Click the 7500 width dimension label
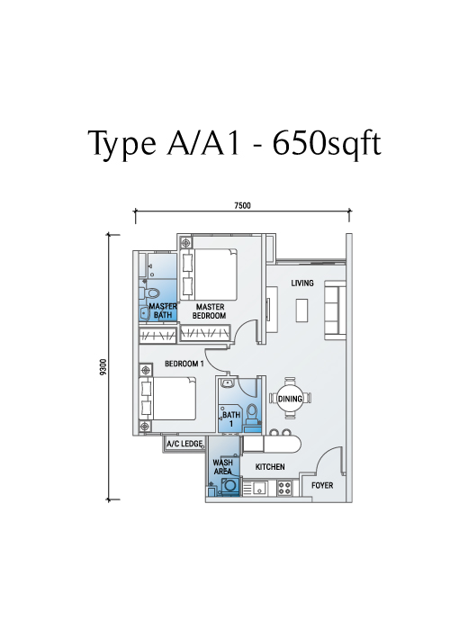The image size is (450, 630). tap(242, 206)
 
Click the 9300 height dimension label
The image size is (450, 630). tap(104, 367)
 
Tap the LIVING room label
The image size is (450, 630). tap(302, 283)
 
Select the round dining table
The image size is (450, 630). tap(290, 399)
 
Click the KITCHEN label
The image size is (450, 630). tap(270, 467)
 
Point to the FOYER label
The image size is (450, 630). tap(322, 485)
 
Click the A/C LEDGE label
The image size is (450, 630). tap(184, 444)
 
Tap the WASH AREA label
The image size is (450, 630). tap(222, 467)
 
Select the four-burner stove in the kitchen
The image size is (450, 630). tap(285, 488)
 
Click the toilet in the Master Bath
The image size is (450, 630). tap(150, 292)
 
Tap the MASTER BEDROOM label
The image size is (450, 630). tap(210, 311)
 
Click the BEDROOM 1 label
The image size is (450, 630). tap(184, 364)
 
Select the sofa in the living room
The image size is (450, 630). tap(335, 307)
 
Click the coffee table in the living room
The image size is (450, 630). tap(302, 310)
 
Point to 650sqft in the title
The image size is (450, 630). tap(326, 142)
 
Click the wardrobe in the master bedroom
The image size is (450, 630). tap(205, 334)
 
